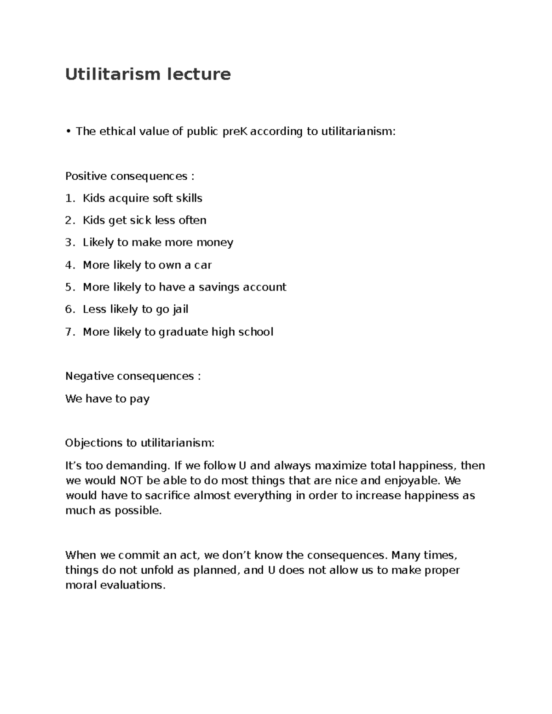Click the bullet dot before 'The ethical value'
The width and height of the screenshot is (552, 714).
pos(68,131)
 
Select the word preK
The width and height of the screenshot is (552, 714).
pos(235,131)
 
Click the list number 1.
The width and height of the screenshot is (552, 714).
pos(69,198)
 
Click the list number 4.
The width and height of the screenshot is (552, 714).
pos(69,265)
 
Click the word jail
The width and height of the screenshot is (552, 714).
pos(180,309)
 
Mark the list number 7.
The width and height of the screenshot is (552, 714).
pos(69,332)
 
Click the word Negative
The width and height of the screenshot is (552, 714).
pos(89,376)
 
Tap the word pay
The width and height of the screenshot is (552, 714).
pos(139,399)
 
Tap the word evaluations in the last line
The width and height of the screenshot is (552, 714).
pos(133,585)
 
